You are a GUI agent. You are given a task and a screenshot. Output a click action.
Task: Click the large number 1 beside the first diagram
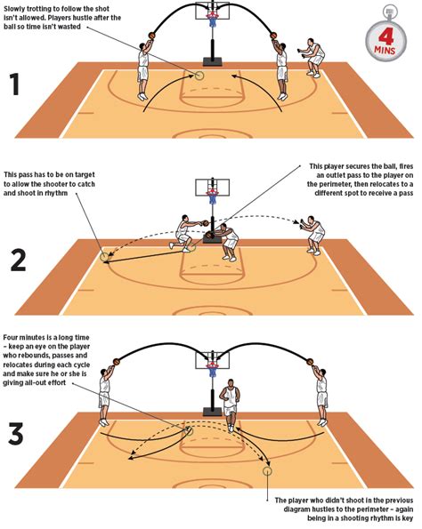tap(15, 84)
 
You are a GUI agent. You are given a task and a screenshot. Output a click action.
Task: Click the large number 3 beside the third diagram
tap(16, 434)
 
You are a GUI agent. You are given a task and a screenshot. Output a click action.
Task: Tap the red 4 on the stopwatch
tap(386, 36)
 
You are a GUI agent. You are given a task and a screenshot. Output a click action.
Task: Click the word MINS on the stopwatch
tap(385, 51)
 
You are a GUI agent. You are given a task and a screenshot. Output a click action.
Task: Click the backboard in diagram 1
tap(212, 10)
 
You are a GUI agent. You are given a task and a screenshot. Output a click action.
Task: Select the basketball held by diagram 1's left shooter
tap(151, 35)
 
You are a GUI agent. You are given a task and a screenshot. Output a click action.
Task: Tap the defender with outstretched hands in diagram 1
tap(312, 58)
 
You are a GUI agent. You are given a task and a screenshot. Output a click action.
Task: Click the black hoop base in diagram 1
tap(213, 61)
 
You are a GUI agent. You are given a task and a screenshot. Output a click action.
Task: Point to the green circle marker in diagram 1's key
tap(199, 76)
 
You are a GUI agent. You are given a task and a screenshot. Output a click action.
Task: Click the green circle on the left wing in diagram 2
tap(105, 257)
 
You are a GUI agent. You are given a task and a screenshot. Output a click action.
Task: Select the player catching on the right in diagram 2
tap(312, 235)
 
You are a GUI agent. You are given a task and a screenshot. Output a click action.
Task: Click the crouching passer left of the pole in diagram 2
tap(184, 234)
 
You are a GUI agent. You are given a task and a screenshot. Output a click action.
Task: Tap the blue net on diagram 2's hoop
tap(213, 199)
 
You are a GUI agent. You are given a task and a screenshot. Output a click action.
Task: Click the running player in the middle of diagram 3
tap(231, 405)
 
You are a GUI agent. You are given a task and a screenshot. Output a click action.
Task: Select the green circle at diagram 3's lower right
tap(267, 471)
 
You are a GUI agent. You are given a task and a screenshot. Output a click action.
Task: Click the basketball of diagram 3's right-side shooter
tap(311, 362)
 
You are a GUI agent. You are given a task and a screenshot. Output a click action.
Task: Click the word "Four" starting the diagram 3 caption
tap(11, 337)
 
